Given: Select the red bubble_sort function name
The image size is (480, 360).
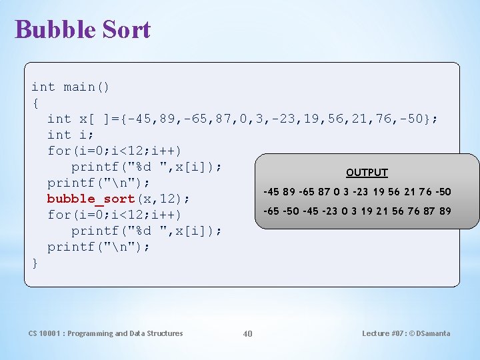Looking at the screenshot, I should pyautogui.click(x=91, y=199).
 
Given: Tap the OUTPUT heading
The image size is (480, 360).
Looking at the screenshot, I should pyautogui.click(x=367, y=172).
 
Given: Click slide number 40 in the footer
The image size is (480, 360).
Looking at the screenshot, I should pyautogui.click(x=247, y=333).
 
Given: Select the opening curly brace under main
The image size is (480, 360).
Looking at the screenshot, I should pyautogui.click(x=35, y=103).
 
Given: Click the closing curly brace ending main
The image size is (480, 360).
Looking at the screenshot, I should pyautogui.click(x=35, y=263).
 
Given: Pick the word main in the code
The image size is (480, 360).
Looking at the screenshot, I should pyautogui.click(x=79, y=87).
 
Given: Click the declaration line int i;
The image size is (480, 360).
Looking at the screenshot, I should pyautogui.click(x=71, y=135).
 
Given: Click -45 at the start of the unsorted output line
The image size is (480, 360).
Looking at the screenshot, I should pyautogui.click(x=271, y=192).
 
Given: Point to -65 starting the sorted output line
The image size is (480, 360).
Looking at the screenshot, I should pyautogui.click(x=271, y=211).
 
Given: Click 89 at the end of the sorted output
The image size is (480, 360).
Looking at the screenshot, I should pyautogui.click(x=445, y=211).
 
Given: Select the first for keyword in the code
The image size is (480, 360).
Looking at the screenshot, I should pyautogui.click(x=59, y=151).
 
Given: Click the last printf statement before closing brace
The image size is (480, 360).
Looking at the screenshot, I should pyautogui.click(x=99, y=247).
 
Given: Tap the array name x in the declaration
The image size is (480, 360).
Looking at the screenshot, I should pyautogui.click(x=83, y=119).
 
